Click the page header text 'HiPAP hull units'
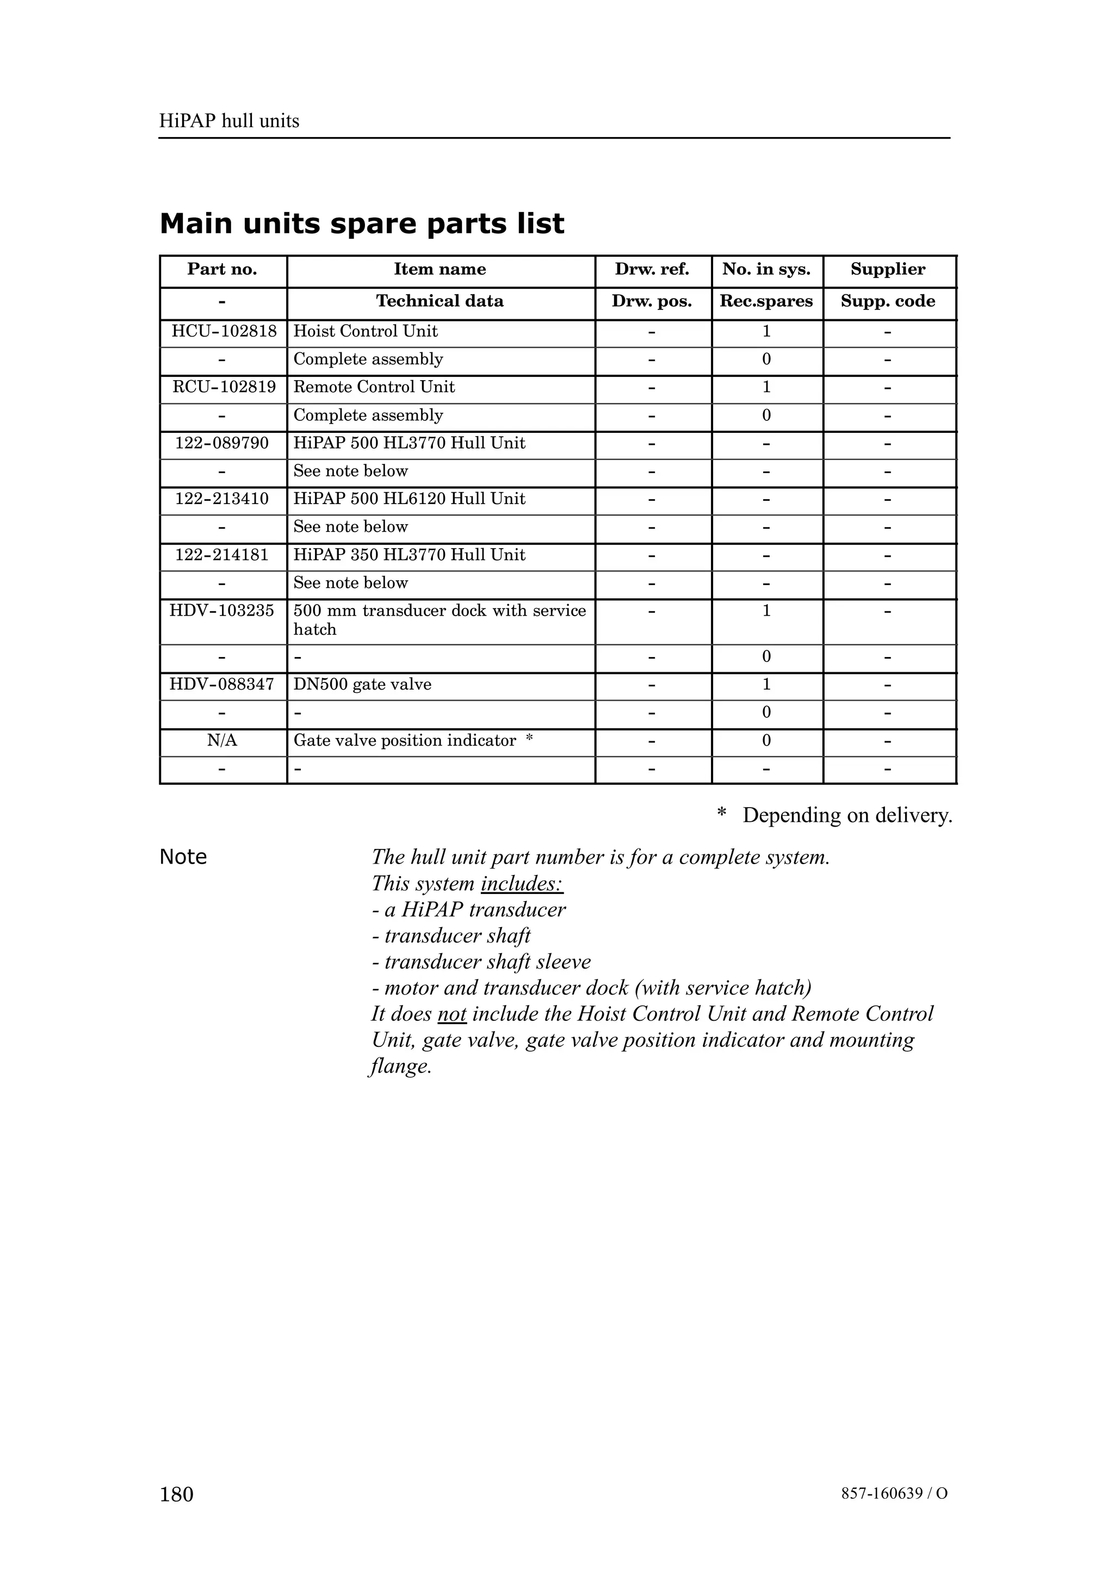click(x=229, y=121)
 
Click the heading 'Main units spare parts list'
click(x=362, y=224)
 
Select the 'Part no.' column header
click(x=222, y=269)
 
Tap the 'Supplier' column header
click(x=888, y=269)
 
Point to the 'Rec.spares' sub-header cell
click(x=766, y=301)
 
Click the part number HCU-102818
click(x=224, y=332)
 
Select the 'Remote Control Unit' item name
click(x=374, y=387)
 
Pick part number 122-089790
click(x=222, y=443)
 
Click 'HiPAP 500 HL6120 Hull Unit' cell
click(x=409, y=499)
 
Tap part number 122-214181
click(x=222, y=555)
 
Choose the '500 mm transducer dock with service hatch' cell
click(x=440, y=620)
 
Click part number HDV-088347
click(x=222, y=684)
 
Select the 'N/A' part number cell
click(x=222, y=741)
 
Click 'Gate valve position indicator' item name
click(x=405, y=741)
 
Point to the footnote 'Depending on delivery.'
click(x=846, y=815)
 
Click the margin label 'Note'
click(x=183, y=857)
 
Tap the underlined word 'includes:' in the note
click(x=522, y=884)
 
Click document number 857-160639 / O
click(x=894, y=1494)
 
